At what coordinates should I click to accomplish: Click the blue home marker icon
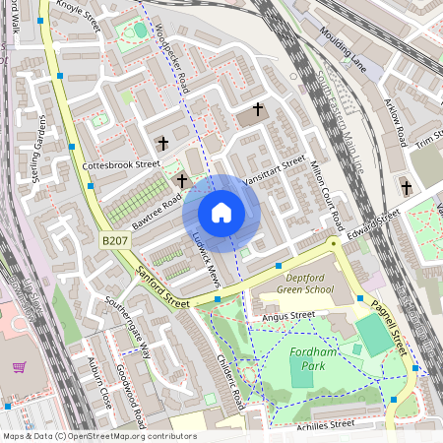(x=221, y=213)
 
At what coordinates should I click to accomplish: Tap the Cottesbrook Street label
(x=121, y=164)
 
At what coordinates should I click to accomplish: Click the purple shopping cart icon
(x=19, y=367)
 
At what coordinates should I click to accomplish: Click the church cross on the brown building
(x=259, y=108)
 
